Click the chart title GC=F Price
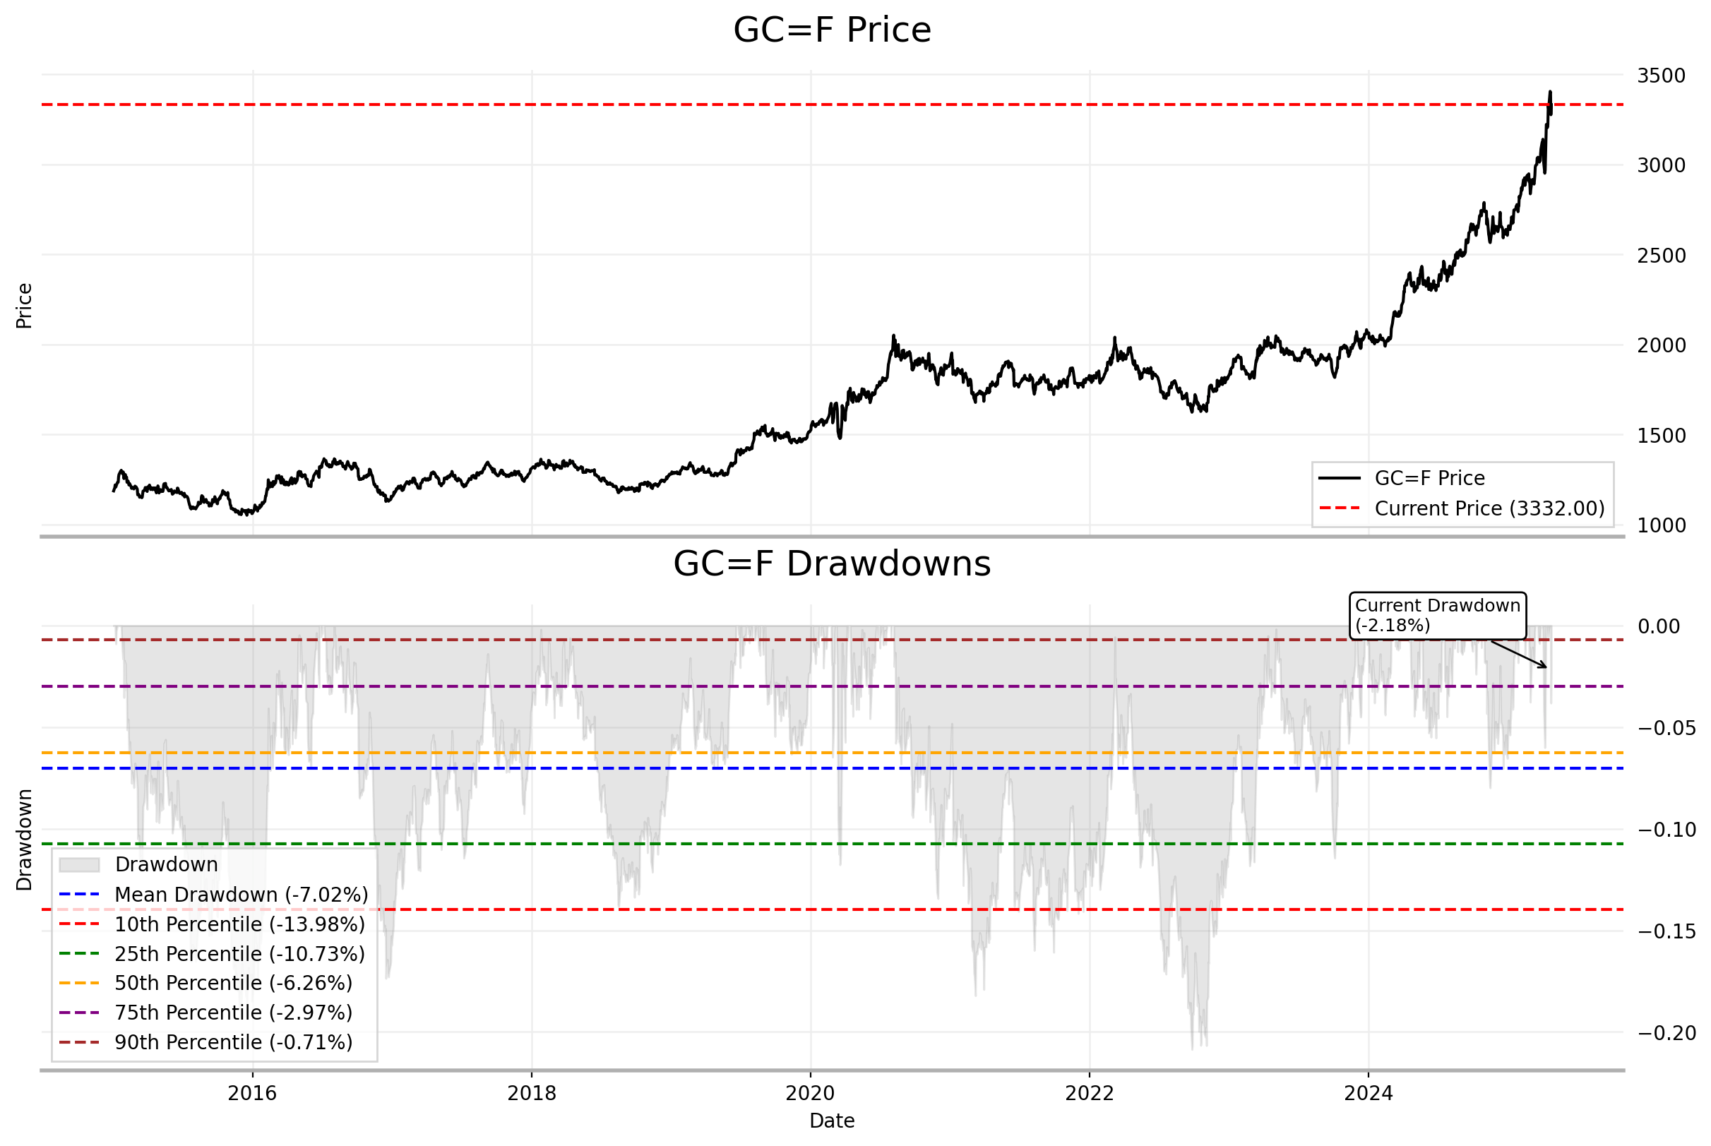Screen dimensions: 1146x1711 pos(832,30)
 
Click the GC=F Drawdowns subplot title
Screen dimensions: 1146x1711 pos(832,564)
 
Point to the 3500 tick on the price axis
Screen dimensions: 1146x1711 pos(1661,76)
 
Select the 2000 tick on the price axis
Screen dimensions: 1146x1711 pos(1661,346)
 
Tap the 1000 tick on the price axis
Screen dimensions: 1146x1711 pos(1661,525)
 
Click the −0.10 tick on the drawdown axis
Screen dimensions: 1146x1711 pos(1667,830)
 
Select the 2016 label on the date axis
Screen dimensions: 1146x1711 pos(252,1093)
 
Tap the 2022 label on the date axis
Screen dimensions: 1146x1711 pos(1089,1093)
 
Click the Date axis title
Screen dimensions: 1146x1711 pos(832,1121)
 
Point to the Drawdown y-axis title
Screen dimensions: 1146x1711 pos(24,840)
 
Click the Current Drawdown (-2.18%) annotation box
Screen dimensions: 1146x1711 pos(1437,616)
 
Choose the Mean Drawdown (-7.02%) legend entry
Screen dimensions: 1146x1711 pos(242,895)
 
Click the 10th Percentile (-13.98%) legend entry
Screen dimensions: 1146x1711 pos(239,924)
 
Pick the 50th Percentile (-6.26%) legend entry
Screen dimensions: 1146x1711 pos(233,983)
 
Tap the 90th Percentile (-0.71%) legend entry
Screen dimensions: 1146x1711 pos(233,1042)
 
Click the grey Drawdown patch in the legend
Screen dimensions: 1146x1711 pos(79,864)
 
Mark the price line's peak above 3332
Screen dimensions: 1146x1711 pos(1550,92)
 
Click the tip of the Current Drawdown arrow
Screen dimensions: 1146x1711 pos(1546,667)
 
